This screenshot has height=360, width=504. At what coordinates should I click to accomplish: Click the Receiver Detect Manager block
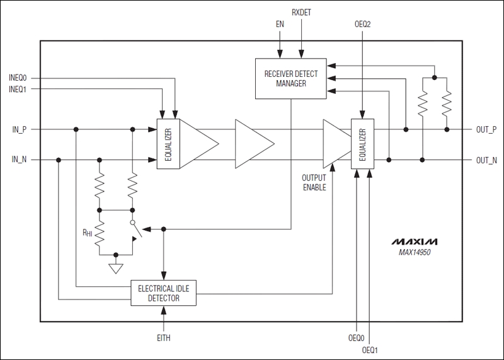(x=290, y=78)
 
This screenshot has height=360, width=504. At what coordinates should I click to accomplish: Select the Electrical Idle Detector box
(x=163, y=293)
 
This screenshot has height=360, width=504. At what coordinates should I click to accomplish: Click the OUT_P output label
(x=486, y=129)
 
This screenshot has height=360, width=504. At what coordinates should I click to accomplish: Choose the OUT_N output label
(x=486, y=160)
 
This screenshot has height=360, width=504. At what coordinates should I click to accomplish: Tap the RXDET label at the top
(x=302, y=13)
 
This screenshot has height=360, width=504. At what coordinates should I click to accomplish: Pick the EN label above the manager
(x=280, y=24)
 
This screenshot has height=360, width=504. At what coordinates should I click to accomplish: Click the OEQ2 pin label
(x=364, y=24)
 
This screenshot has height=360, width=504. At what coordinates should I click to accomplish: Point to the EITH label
(x=163, y=338)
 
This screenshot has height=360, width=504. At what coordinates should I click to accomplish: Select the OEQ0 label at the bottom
(x=357, y=338)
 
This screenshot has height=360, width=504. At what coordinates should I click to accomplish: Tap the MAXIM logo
(x=414, y=241)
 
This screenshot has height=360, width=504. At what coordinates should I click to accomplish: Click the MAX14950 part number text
(x=415, y=252)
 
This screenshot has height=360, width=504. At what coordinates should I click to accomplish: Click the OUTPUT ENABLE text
(x=314, y=182)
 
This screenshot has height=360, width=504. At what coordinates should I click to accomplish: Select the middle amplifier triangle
(x=253, y=144)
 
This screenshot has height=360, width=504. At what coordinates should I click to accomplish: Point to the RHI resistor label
(x=87, y=232)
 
